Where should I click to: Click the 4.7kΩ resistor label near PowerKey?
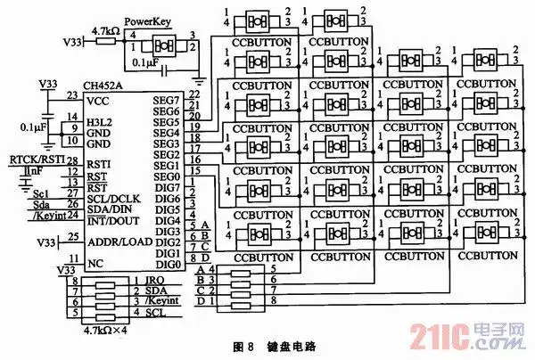(106, 30)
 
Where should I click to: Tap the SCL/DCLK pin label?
(113, 197)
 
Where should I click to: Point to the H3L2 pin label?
(99, 119)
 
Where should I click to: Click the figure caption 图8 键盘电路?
(267, 344)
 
